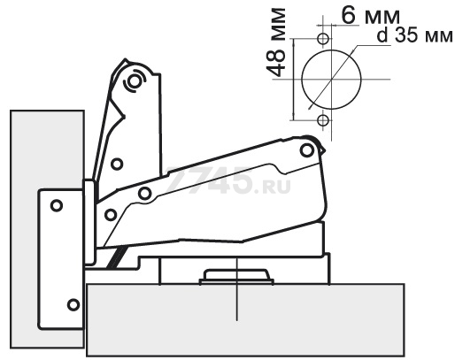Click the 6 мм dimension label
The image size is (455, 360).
coord(370,16)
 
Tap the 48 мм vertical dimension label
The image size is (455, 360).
coord(276,42)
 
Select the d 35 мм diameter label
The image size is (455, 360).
coord(414,36)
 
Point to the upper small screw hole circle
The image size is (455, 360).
coord(323,39)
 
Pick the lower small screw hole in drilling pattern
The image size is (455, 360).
coord(323,120)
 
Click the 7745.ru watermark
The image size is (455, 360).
coord(227,180)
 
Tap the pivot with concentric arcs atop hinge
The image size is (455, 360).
coord(135,80)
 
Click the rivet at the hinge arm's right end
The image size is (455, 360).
coord(307,150)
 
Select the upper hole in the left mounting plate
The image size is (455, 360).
coord(57,205)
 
